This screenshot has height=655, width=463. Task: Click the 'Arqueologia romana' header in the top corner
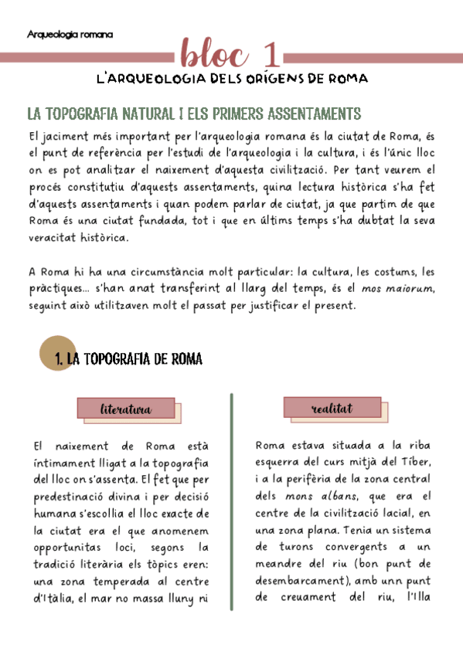point(70,35)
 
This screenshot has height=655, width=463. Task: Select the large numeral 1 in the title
point(271,55)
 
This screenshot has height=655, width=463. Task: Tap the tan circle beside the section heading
point(56,355)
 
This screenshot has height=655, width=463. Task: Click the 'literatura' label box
point(126,409)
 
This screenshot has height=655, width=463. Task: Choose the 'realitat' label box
point(332,407)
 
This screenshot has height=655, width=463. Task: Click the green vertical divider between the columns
point(232,502)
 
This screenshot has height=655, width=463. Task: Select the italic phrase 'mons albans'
point(313,495)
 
